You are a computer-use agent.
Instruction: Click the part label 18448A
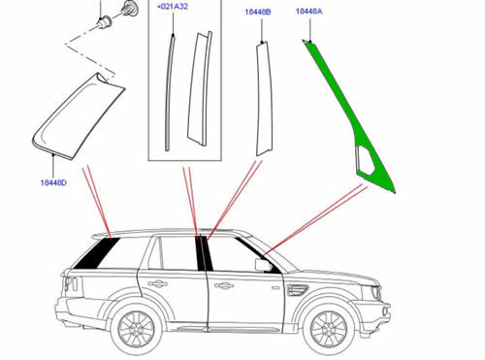(309, 13)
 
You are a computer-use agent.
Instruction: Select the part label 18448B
(257, 13)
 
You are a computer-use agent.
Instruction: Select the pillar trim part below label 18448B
(262, 97)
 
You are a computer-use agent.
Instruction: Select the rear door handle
(156, 283)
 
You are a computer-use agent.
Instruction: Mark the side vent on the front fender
(294, 288)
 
